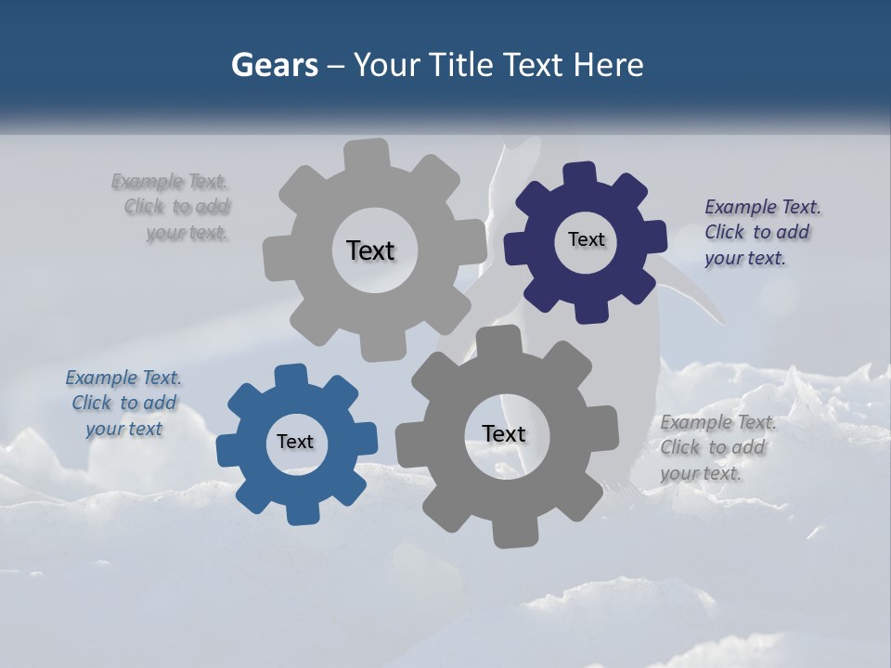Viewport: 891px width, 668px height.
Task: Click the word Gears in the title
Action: (274, 65)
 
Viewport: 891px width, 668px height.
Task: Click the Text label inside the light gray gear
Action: (370, 250)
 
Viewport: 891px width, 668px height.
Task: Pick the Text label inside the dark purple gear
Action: (586, 239)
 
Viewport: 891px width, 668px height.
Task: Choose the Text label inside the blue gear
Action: (295, 442)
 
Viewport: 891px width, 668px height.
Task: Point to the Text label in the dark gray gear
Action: (503, 433)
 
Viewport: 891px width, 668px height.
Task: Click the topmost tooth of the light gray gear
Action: (366, 154)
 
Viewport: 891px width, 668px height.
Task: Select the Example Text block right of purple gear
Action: (761, 232)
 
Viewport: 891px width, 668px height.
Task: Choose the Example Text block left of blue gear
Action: (123, 403)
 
